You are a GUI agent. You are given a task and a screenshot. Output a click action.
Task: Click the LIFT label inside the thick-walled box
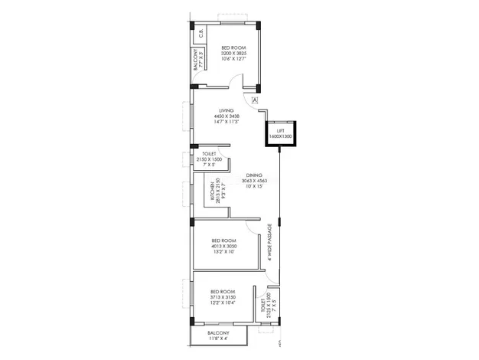282,130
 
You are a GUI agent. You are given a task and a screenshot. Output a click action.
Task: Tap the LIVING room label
225,110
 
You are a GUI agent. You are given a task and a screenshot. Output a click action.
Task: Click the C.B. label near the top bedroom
200,33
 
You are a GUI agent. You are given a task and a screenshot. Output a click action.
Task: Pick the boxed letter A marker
256,100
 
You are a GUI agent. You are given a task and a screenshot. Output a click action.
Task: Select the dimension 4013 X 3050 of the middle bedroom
224,246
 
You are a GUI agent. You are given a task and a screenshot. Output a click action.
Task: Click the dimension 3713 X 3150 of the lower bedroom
223,298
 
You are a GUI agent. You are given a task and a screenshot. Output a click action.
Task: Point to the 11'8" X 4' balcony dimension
218,339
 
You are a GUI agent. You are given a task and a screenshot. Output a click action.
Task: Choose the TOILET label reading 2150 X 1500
208,159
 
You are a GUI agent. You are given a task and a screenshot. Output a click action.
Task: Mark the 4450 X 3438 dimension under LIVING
225,116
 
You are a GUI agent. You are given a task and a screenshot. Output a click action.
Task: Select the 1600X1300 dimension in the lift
282,136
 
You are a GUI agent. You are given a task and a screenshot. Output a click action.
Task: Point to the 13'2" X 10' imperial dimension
224,251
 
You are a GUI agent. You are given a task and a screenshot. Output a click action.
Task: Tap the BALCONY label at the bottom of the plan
218,334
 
